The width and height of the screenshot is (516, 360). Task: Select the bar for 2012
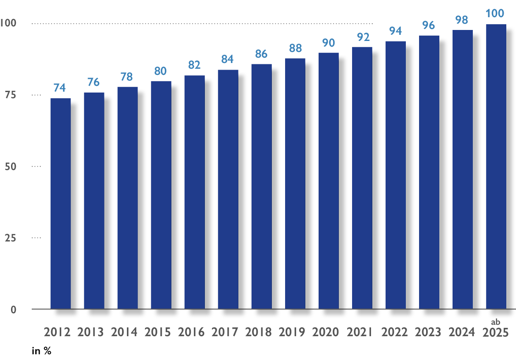pos(60,203)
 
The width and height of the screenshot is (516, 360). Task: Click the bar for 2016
pos(194,192)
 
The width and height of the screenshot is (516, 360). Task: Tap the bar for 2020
pos(328,181)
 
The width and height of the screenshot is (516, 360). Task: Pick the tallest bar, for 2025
pos(496,167)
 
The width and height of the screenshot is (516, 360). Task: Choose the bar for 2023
pos(429,172)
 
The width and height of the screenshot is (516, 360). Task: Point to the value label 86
pos(261,54)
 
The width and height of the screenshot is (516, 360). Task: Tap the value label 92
pos(362,37)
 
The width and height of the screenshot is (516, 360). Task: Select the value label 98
pos(462,20)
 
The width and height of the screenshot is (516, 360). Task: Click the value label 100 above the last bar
pos(495,14)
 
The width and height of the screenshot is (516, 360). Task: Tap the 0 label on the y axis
pos(13,310)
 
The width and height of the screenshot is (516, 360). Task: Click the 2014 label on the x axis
pos(125,332)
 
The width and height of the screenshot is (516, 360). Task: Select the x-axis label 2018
pos(259,332)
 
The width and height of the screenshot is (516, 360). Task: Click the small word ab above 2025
pos(496,322)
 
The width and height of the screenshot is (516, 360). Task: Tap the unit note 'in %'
pos(42,351)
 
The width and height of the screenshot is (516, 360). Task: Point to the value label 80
pos(161,71)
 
